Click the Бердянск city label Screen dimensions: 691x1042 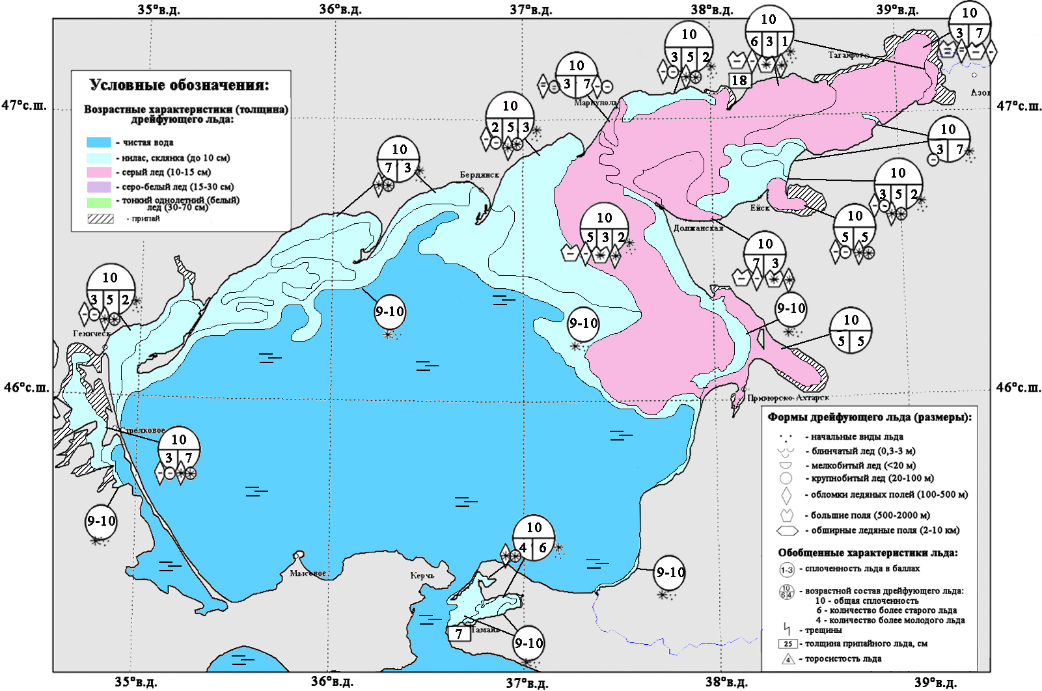tap(479, 175)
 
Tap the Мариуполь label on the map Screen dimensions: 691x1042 tap(596, 103)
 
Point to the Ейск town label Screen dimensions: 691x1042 tap(760, 208)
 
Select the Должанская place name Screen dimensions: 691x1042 tap(698, 228)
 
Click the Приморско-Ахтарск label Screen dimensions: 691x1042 tap(788, 398)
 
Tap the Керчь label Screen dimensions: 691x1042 tap(422, 576)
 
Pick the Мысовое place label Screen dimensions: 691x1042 tap(308, 573)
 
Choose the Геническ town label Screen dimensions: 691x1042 tap(91, 333)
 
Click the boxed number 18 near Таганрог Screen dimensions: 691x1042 tap(739, 80)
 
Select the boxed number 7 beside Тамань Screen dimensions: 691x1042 tap(459, 634)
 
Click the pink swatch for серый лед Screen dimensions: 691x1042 tap(99, 172)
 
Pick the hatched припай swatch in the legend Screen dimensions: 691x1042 tap(100, 219)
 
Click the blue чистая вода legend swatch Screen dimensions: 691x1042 tap(99, 142)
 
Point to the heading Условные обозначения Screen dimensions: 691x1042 tap(179, 85)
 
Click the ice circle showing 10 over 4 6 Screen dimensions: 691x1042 tap(534, 537)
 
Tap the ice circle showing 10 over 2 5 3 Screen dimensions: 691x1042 tap(510, 116)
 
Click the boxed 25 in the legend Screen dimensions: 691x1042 tap(788, 644)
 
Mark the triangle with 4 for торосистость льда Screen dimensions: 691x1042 tap(788, 659)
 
